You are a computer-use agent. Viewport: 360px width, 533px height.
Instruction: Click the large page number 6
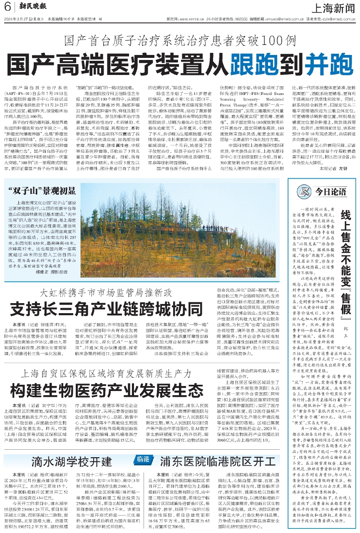click(x=8, y=7)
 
